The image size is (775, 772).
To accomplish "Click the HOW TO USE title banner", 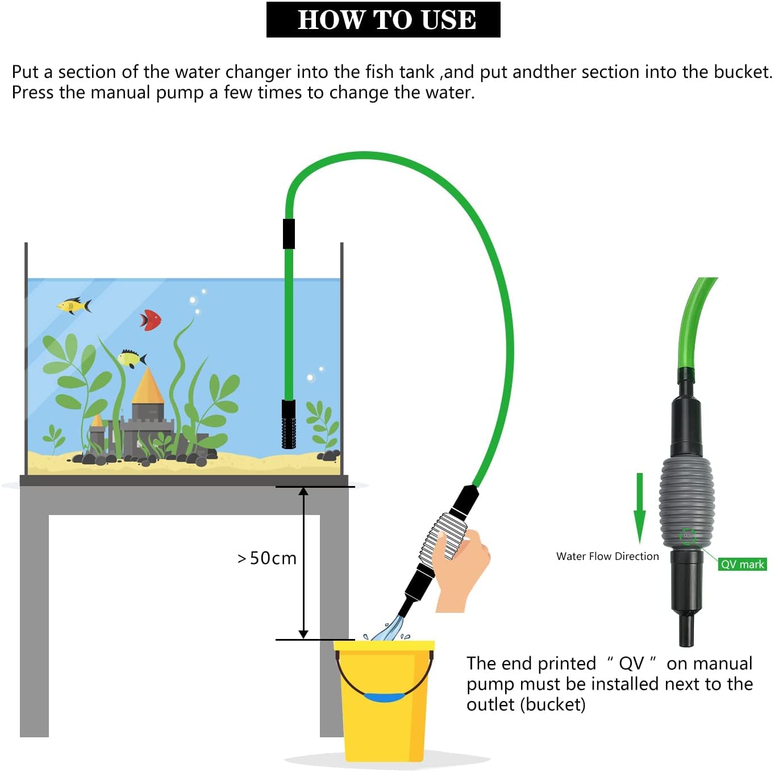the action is [x=383, y=20].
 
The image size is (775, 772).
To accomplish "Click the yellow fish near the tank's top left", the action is [x=74, y=306].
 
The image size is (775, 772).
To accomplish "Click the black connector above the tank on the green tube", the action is [x=289, y=234].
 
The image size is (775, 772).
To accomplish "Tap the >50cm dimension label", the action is [x=266, y=558].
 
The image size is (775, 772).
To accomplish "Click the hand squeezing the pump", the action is [x=463, y=567].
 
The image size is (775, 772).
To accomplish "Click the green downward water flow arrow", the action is [x=639, y=508].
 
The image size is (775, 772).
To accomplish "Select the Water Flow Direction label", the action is [x=607, y=556].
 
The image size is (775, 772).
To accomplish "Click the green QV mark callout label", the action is [x=742, y=565].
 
